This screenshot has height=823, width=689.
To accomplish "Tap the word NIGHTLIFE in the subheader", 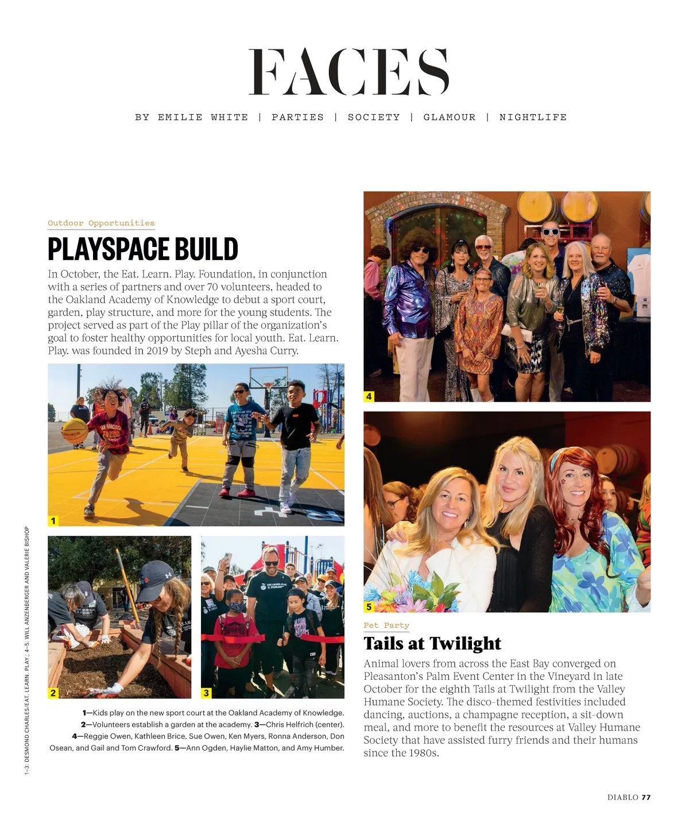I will pyautogui.click(x=533, y=117).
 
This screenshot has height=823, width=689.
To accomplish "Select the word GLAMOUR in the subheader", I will pyautogui.click(x=450, y=117).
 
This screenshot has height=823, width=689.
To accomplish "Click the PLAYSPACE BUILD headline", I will pyautogui.click(x=143, y=249).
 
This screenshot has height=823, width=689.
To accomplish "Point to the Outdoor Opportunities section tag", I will pyautogui.click(x=101, y=223).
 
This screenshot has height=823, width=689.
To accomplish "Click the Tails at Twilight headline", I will pyautogui.click(x=432, y=643).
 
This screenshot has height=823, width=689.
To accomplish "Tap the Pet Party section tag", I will pyautogui.click(x=386, y=625).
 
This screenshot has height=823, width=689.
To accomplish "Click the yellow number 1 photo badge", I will pyautogui.click(x=53, y=520).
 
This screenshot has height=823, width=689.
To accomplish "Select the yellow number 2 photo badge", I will pyautogui.click(x=53, y=693).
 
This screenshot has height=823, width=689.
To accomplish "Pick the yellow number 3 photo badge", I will pyautogui.click(x=207, y=693).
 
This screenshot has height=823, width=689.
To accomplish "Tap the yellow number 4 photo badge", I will pyautogui.click(x=369, y=396).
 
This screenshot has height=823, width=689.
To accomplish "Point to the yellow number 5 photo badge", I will pyautogui.click(x=369, y=606).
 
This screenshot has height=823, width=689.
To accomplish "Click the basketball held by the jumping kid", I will pyautogui.click(x=75, y=431).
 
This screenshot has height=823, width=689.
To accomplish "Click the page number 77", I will pyautogui.click(x=646, y=797).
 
